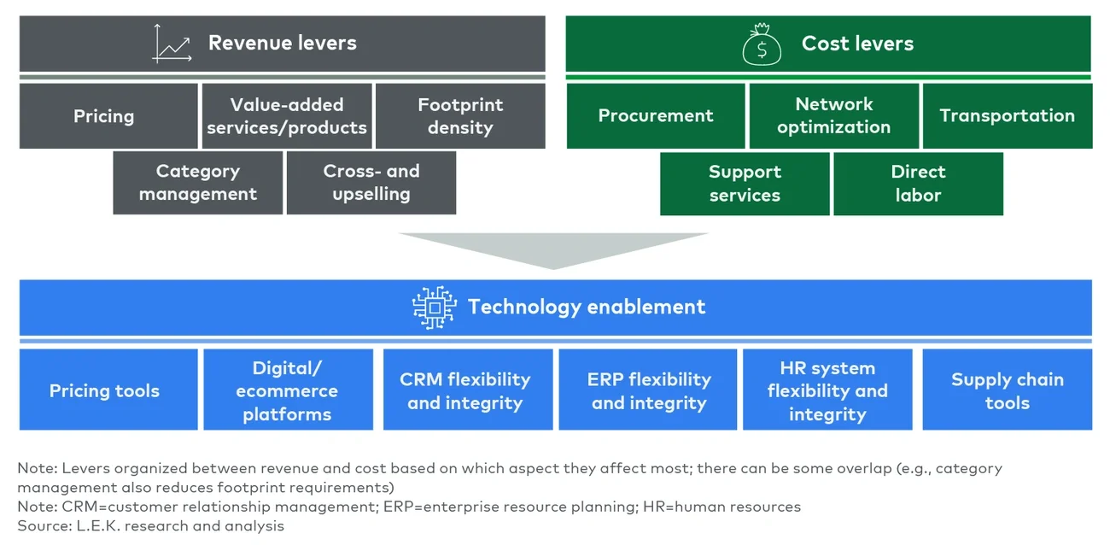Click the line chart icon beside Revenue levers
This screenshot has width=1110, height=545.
pyautogui.click(x=171, y=44)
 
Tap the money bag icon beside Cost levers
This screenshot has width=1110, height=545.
pyautogui.click(x=762, y=45)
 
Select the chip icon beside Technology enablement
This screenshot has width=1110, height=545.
pyautogui.click(x=434, y=308)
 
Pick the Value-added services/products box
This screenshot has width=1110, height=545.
pyautogui.click(x=287, y=116)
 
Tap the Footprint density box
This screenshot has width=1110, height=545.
pyautogui.click(x=460, y=116)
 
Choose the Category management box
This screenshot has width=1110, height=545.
pyautogui.click(x=198, y=183)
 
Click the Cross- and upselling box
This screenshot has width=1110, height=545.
pyautogui.click(x=371, y=183)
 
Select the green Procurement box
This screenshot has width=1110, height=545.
pyautogui.click(x=656, y=116)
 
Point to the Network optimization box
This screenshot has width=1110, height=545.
pyautogui.click(x=833, y=116)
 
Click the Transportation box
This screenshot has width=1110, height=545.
pyautogui.click(x=1007, y=116)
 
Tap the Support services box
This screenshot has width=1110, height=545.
pyautogui.click(x=745, y=184)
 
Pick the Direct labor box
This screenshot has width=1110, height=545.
pyautogui.click(x=918, y=184)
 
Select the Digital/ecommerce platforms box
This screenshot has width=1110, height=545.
pyautogui.click(x=288, y=390)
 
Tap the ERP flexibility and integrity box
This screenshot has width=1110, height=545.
pyautogui.click(x=648, y=390)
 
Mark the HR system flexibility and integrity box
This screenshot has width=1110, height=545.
pyautogui.click(x=827, y=390)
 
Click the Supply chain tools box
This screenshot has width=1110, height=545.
pyautogui.click(x=1008, y=390)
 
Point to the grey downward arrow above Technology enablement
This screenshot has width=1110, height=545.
pyautogui.click(x=553, y=249)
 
